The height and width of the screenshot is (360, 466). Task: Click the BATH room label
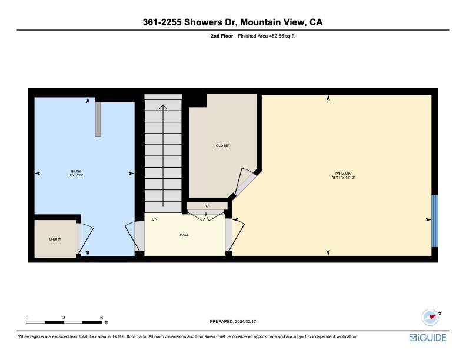point(76,171)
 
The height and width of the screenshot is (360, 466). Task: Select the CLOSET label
point(223,146)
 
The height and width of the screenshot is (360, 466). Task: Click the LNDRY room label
point(55,239)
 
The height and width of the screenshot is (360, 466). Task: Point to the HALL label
point(184,235)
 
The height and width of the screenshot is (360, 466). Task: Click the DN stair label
point(155,219)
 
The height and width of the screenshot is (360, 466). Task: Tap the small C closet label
point(207,206)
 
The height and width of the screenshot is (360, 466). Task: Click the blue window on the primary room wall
point(435,221)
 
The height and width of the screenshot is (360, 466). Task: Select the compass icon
point(431,317)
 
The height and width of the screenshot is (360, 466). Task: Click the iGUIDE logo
point(428,338)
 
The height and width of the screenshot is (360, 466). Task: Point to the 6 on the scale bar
point(101,317)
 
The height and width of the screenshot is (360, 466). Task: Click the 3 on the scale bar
point(64,317)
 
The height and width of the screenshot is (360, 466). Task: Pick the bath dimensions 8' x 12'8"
point(76,175)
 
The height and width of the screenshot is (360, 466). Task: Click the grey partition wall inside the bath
point(98,119)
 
